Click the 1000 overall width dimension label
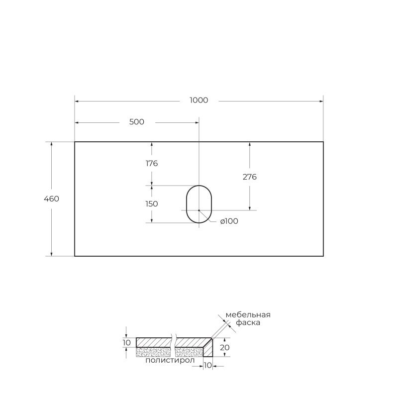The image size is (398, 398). pos(199,100)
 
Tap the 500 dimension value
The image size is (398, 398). pos(136,122)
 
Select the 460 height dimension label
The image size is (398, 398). pos(52,199)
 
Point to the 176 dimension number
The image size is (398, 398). pos(152,163)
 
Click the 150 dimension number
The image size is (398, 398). pos(152,203)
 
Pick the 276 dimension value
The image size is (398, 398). pos(249,177)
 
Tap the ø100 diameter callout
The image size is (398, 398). pos(229,221)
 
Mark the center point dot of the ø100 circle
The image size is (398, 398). pos(199,210)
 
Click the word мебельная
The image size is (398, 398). pos(248,314)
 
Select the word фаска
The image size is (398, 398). pos(248,322)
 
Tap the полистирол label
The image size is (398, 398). pos(167,361)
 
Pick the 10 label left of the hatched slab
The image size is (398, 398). pos(126,342)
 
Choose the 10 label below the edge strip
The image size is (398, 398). pos(208,366)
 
